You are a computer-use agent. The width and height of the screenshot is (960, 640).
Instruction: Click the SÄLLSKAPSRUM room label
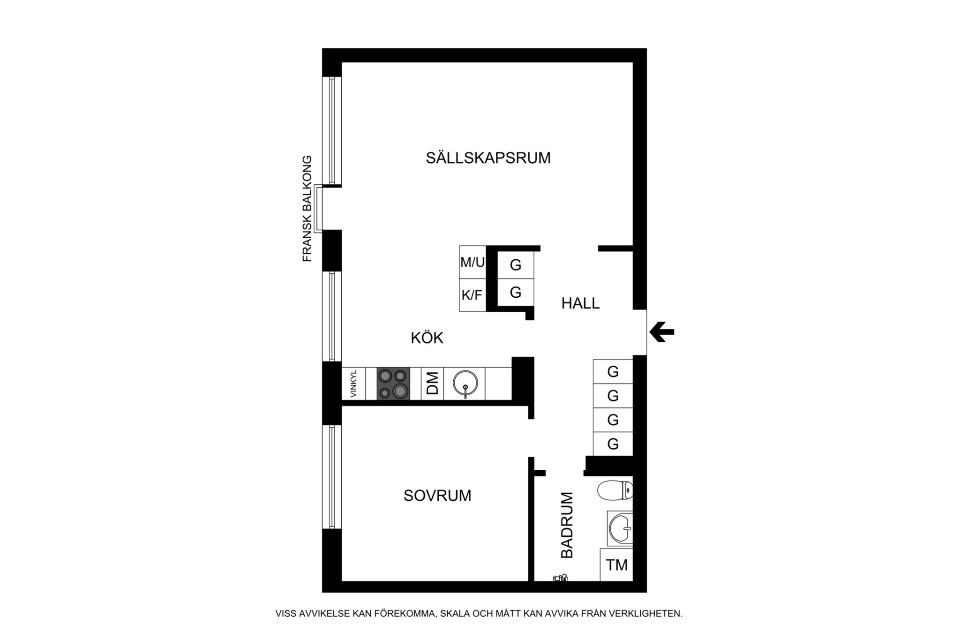tap(488, 158)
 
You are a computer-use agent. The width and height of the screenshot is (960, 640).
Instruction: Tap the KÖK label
tap(427, 338)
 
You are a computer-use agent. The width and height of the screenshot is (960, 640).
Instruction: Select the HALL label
tap(580, 303)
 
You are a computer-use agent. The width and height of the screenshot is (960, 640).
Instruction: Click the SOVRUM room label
tap(437, 496)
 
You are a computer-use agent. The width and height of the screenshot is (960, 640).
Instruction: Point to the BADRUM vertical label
tap(567, 525)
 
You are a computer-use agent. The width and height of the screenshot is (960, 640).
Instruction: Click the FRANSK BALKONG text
tap(307, 208)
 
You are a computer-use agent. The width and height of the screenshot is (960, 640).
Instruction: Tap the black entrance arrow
tap(662, 332)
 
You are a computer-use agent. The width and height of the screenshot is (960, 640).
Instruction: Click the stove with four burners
tap(393, 384)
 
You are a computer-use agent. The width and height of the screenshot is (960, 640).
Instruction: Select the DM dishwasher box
tap(432, 384)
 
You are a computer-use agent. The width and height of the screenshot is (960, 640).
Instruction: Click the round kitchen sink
tap(465, 384)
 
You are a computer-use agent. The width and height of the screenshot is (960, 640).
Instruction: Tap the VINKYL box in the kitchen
tap(353, 384)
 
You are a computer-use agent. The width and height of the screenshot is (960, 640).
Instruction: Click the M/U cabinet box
tap(472, 262)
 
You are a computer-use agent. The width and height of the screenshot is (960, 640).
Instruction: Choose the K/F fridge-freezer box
tap(472, 295)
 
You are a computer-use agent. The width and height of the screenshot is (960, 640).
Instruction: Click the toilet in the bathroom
tap(615, 490)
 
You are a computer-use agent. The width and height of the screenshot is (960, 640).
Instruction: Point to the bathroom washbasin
tap(620, 528)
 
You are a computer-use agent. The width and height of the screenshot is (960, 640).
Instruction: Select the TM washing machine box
tap(616, 565)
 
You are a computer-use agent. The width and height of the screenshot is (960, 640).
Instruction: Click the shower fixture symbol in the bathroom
tap(560, 578)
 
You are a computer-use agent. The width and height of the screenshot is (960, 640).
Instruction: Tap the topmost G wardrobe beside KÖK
tap(516, 265)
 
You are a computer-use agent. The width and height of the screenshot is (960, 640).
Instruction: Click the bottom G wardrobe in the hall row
tap(613, 444)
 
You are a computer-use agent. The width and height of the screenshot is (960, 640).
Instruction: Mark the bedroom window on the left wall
tap(331, 477)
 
